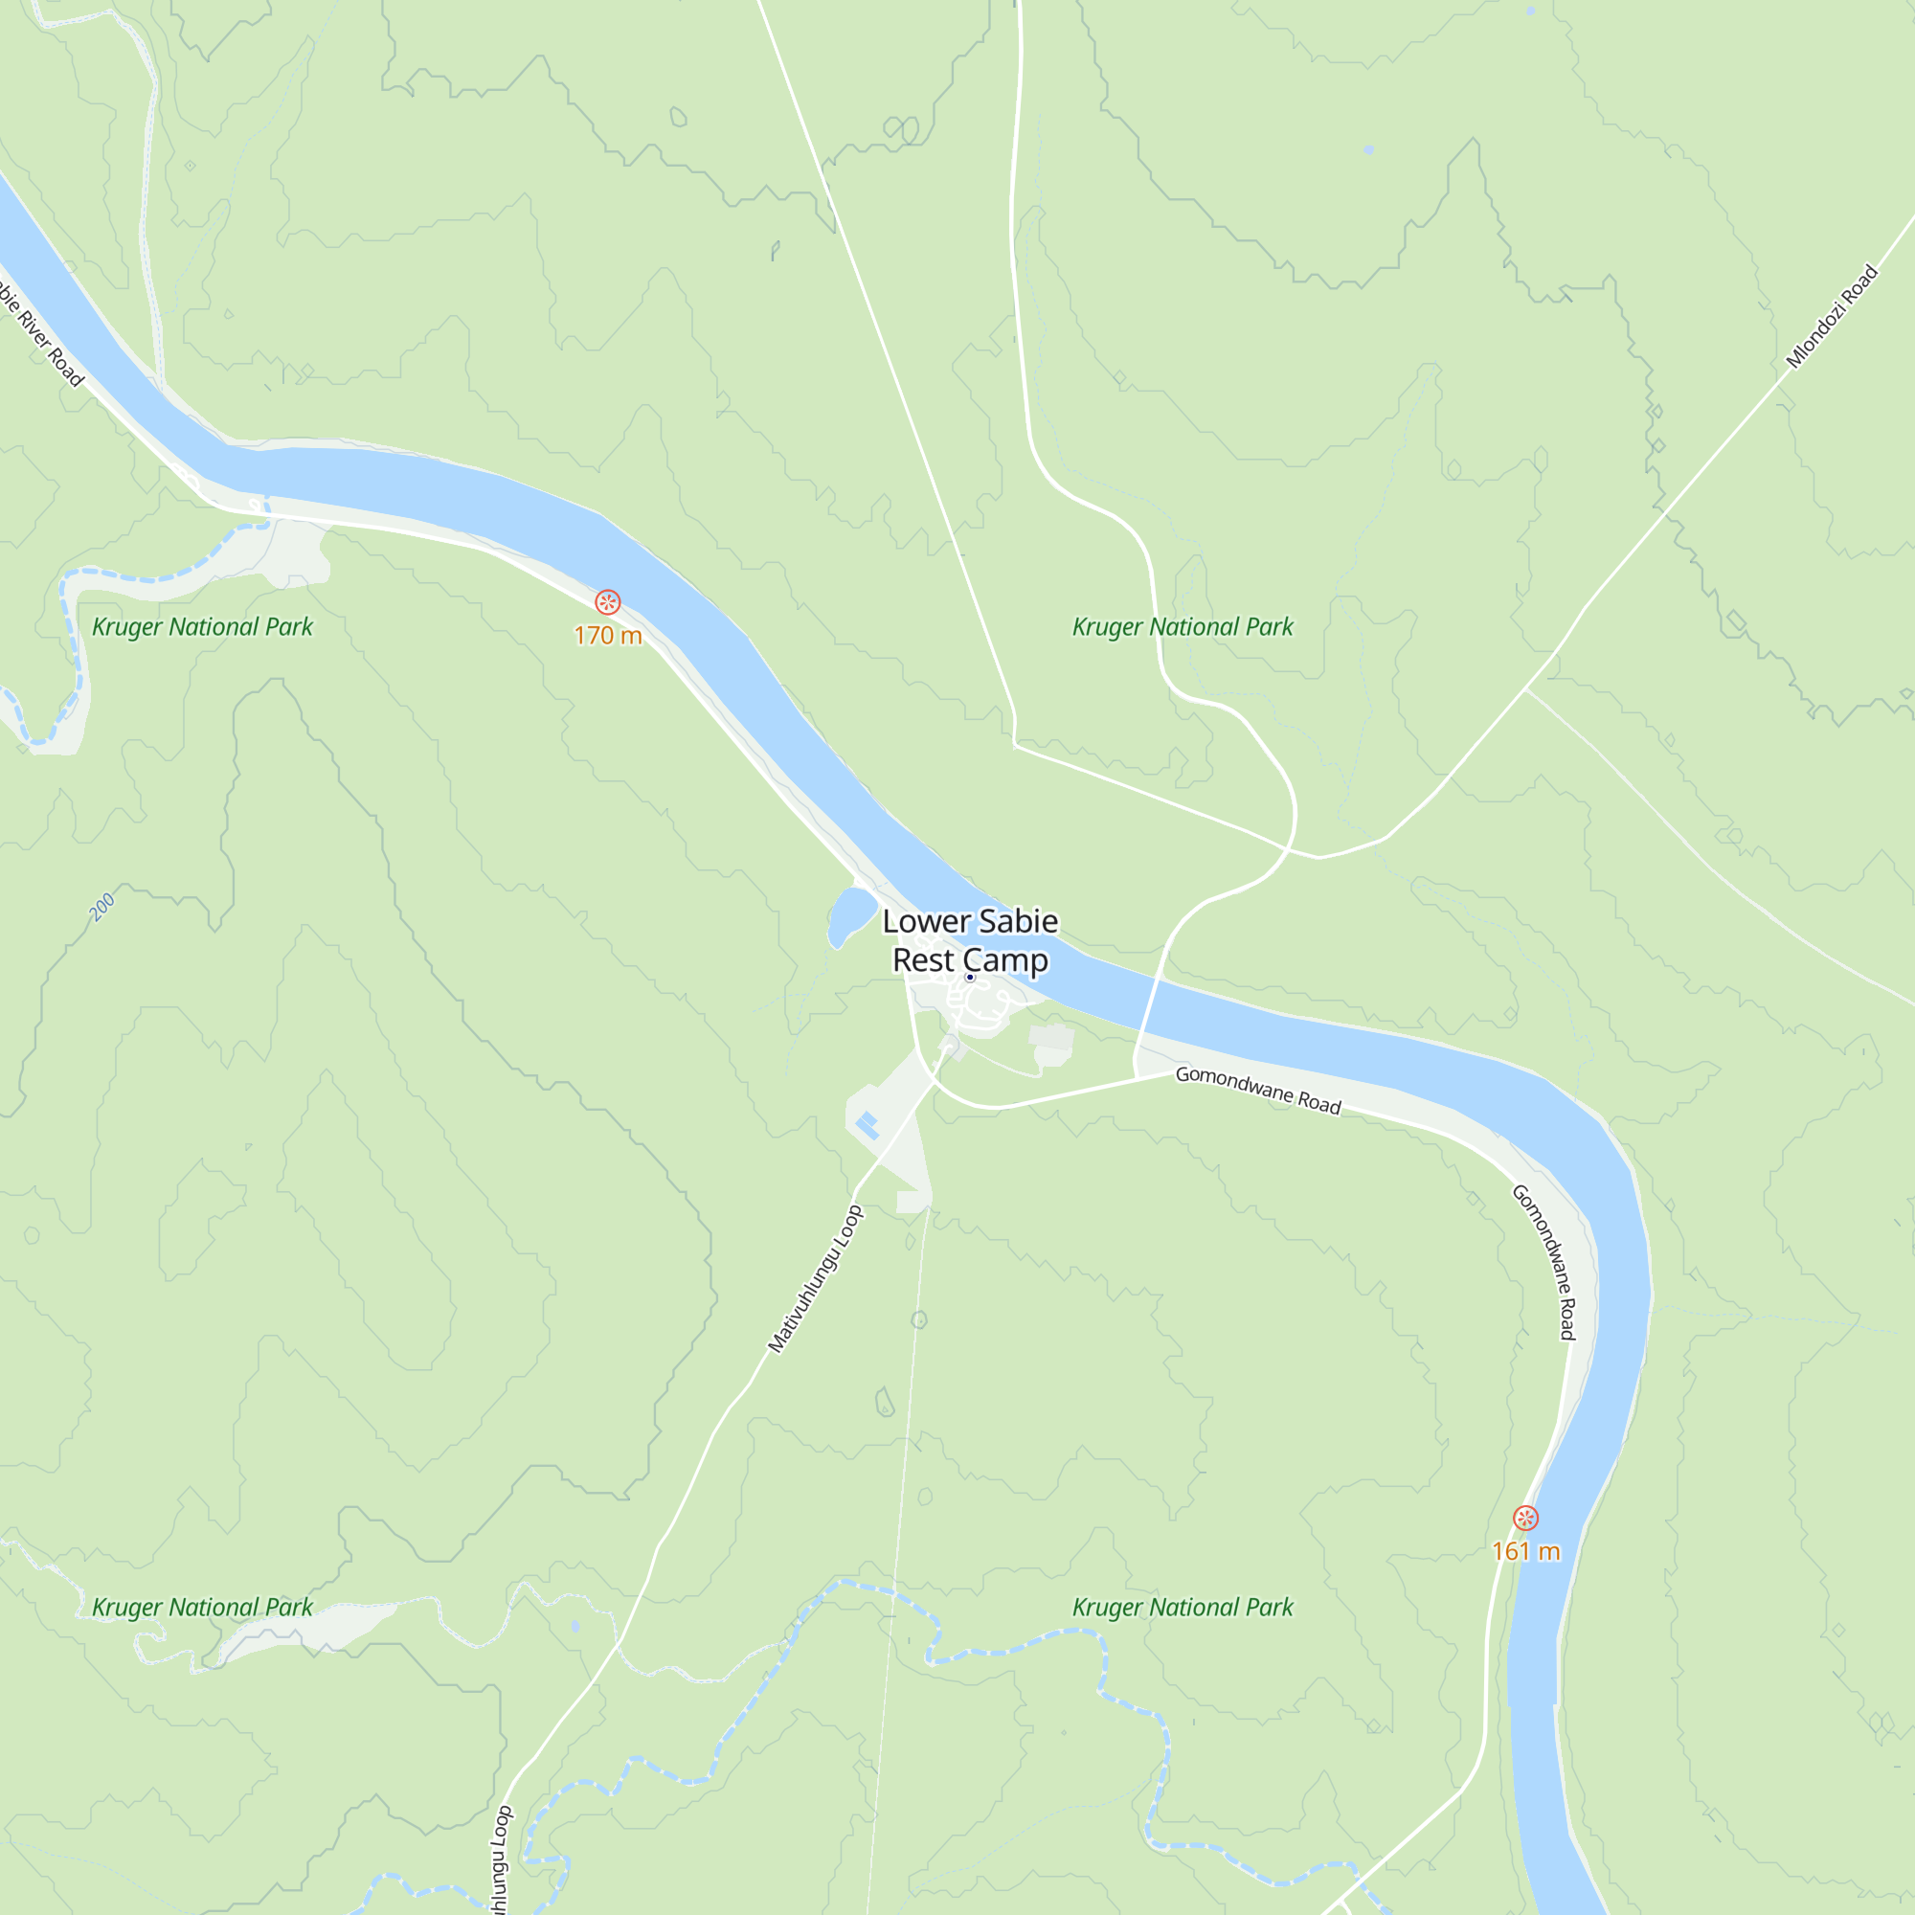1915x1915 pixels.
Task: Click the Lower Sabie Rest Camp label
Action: [x=970, y=939]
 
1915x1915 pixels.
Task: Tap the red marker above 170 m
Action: [x=608, y=601]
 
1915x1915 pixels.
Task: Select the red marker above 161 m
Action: [x=1525, y=1518]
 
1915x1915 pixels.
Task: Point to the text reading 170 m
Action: [x=608, y=636]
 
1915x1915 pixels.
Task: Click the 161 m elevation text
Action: [x=1525, y=1551]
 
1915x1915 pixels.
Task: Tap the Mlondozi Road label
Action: [x=1832, y=316]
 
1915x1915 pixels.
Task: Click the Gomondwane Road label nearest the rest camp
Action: [x=1258, y=1090]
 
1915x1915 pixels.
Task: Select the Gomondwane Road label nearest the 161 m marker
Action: [x=1543, y=1262]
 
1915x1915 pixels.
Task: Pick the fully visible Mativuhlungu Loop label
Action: [x=816, y=1278]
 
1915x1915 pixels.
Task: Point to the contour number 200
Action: [x=102, y=906]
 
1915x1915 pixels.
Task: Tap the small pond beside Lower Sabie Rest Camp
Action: [x=850, y=913]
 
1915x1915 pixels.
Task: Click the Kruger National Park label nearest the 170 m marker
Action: [x=202, y=626]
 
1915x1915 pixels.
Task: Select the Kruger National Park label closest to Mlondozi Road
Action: [x=1183, y=626]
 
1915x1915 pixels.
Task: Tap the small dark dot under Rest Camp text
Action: [x=969, y=978]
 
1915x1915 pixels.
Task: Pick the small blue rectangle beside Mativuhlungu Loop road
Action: [x=867, y=1125]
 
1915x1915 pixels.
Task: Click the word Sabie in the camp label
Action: [x=1018, y=921]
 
